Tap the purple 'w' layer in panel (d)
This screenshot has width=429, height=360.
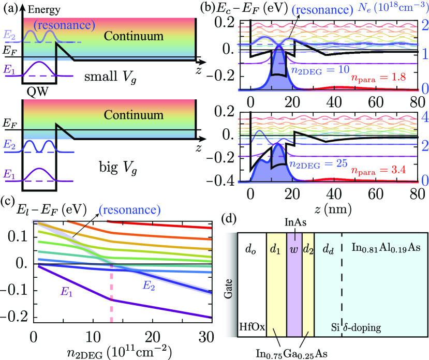[294, 284]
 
